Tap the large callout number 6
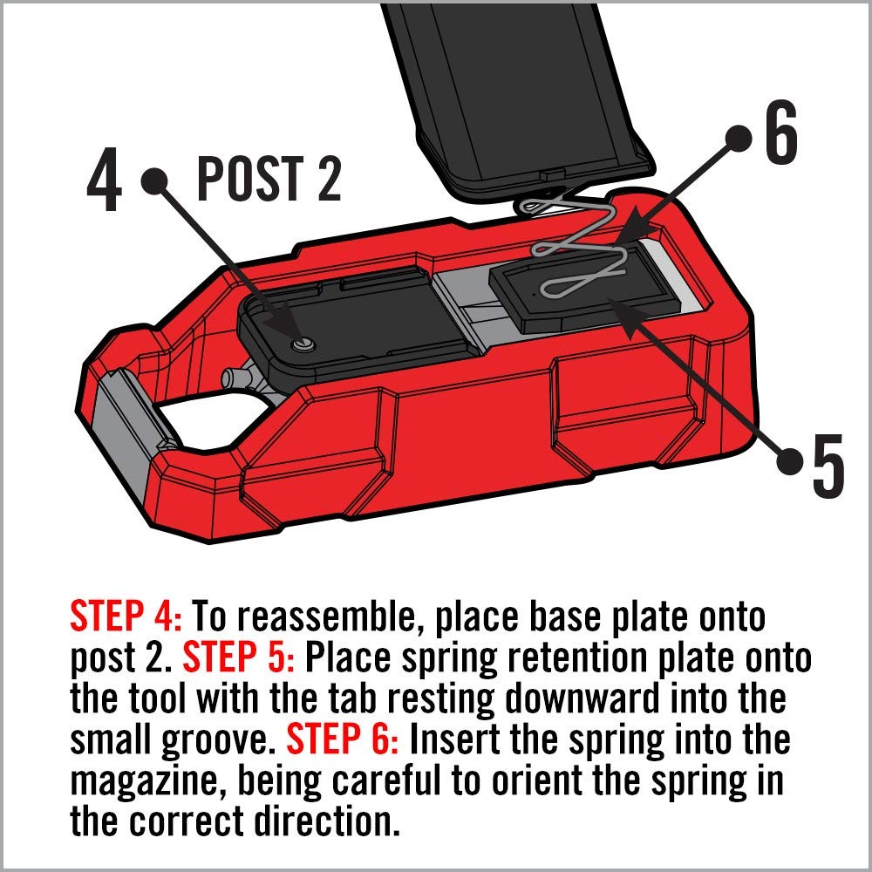pos(780,137)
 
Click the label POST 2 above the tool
pos(269,179)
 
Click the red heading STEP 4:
pos(126,617)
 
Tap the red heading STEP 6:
pos(342,740)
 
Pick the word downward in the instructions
pos(595,700)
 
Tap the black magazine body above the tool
pos(514,87)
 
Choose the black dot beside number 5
pos(791,456)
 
